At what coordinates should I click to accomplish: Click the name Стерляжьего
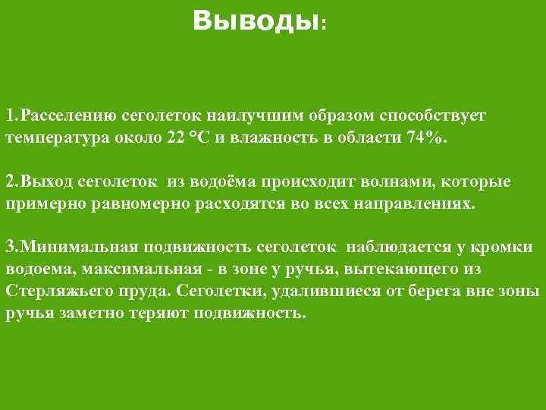click(x=54, y=292)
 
